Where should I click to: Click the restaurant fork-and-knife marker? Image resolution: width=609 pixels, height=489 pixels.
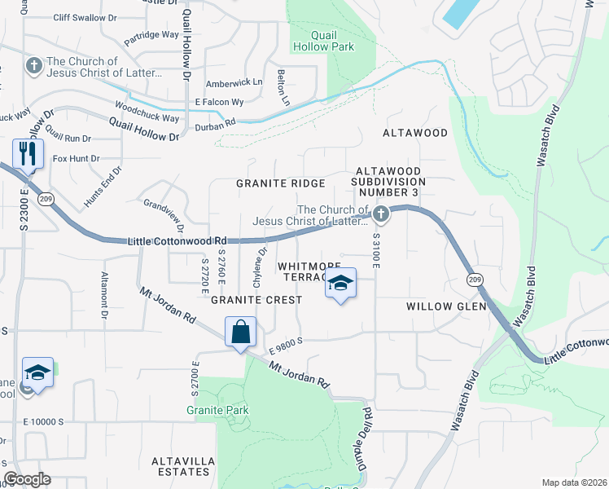27,153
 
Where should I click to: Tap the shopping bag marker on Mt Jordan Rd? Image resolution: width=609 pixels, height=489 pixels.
241,333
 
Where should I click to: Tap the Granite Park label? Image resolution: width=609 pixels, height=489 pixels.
217,410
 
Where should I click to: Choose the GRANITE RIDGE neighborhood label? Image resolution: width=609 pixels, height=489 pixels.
281,183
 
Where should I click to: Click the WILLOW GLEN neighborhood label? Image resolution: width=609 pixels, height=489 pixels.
446,306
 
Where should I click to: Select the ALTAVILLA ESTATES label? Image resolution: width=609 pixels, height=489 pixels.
183,467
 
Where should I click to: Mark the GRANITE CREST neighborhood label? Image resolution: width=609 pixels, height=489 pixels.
256,300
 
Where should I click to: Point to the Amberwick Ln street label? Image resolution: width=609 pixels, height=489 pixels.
234,82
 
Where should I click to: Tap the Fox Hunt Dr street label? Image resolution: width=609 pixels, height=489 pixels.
76,158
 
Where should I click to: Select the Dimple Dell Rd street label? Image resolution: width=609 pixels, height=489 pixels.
366,437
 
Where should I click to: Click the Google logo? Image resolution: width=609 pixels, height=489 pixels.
27,479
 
